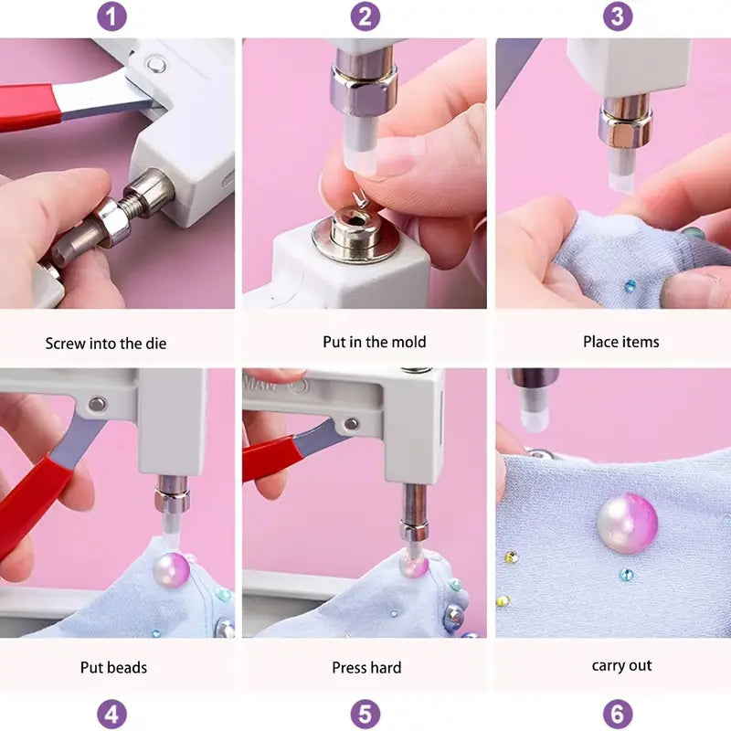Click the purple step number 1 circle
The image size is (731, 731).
point(111,16)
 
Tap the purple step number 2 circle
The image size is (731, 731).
point(365,16)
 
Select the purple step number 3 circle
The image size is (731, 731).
point(618,16)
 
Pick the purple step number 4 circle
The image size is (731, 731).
point(111,714)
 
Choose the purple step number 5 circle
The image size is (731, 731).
point(365,714)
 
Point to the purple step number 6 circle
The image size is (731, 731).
point(618,714)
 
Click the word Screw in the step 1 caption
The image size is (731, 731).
point(65,344)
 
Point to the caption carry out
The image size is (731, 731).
point(622,666)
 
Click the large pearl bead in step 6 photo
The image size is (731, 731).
point(627,523)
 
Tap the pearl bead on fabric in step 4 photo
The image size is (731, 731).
point(172,570)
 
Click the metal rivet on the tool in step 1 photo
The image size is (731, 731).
point(156,64)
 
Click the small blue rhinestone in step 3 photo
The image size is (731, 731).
point(630,286)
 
